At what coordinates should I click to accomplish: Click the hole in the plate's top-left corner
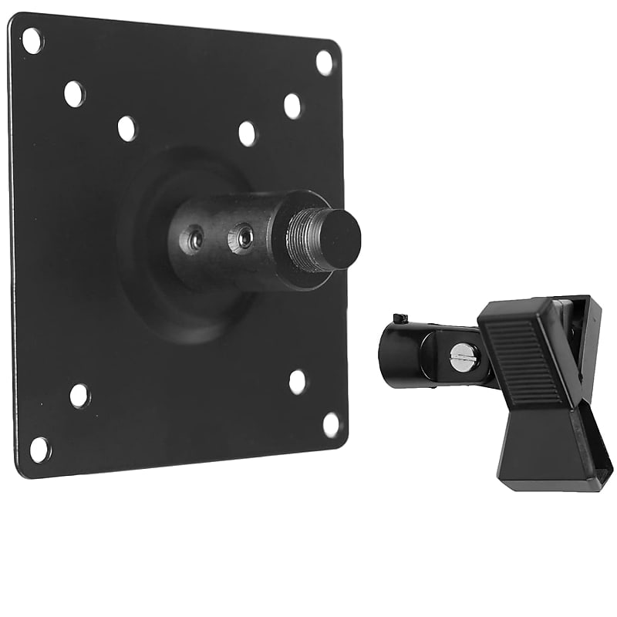[32, 40]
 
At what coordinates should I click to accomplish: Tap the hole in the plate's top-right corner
[324, 62]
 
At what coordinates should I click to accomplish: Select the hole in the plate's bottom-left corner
[39, 449]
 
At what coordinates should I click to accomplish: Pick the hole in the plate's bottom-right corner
[331, 424]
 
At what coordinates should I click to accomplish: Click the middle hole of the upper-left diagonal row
[74, 94]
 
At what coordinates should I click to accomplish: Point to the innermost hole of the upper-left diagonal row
[127, 128]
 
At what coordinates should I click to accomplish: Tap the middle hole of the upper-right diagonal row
[292, 106]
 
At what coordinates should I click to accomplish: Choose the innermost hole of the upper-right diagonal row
[247, 133]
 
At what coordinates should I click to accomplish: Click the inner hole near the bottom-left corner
[79, 396]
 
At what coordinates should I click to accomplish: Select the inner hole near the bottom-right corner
[298, 382]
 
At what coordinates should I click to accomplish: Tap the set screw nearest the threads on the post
[244, 237]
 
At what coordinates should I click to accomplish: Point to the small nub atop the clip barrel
[399, 319]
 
